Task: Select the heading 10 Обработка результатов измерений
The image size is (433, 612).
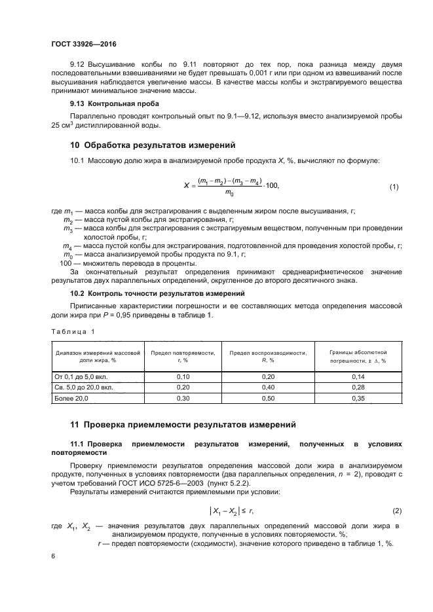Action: (152, 145)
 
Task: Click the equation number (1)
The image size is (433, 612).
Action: (394, 187)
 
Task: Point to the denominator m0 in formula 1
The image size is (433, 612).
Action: (230, 192)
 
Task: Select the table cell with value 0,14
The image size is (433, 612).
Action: (358, 377)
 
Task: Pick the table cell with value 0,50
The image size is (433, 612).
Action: (268, 398)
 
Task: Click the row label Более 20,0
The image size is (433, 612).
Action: (71, 398)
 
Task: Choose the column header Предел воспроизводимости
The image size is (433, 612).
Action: (268, 356)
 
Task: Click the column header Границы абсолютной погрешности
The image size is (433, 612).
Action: (358, 356)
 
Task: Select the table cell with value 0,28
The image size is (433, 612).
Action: (358, 387)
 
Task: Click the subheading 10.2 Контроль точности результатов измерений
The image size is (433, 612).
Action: (157, 293)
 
